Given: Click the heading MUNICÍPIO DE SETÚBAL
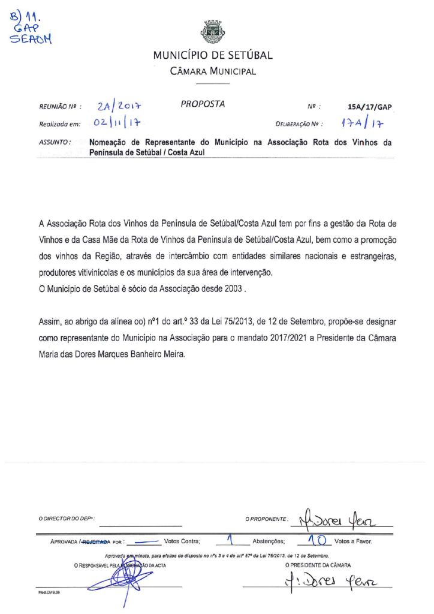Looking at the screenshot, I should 213,56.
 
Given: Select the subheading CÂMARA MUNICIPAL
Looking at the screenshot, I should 213,71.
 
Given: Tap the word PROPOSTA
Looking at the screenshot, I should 203,104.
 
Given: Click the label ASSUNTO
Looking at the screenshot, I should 55,143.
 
